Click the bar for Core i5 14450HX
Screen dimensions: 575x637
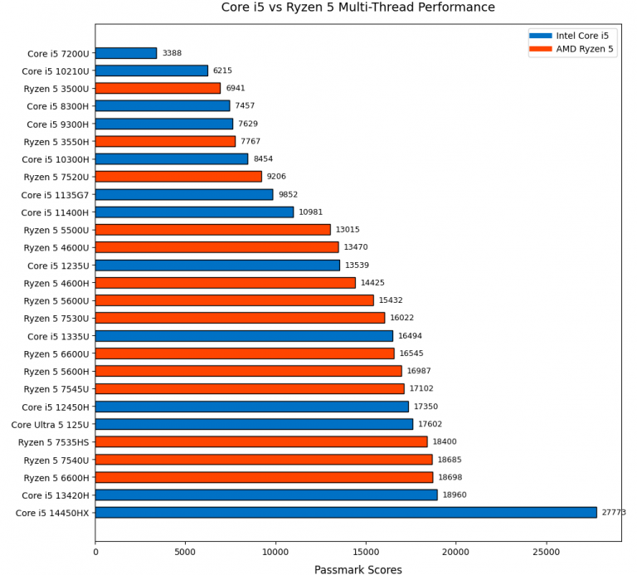pos(346,513)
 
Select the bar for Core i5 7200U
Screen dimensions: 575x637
pos(126,53)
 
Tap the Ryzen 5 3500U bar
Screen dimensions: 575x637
pos(158,88)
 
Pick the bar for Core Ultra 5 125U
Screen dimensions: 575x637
pos(254,424)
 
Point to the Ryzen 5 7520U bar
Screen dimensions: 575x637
pos(178,177)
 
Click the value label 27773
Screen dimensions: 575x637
pos(614,513)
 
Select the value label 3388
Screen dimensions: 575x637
pos(172,53)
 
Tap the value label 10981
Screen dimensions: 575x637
pos(310,212)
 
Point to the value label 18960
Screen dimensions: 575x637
pos(455,495)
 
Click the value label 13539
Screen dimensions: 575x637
pos(357,266)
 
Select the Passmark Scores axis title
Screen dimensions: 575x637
pos(357,569)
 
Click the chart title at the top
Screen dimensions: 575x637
pos(357,7)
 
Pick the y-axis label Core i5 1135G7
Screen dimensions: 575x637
pos(56,195)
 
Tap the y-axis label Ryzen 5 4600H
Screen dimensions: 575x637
pos(56,283)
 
